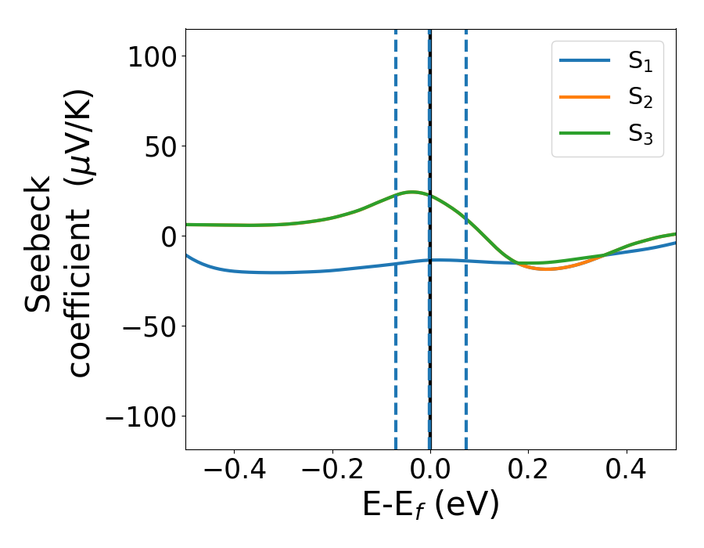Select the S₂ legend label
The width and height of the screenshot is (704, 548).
pyautogui.click(x=640, y=99)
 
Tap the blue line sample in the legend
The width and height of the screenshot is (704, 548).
pyautogui.click(x=585, y=62)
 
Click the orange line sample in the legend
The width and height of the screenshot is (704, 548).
pyautogui.click(x=585, y=97)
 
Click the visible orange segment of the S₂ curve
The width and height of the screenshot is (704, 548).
pyautogui.click(x=548, y=269)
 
